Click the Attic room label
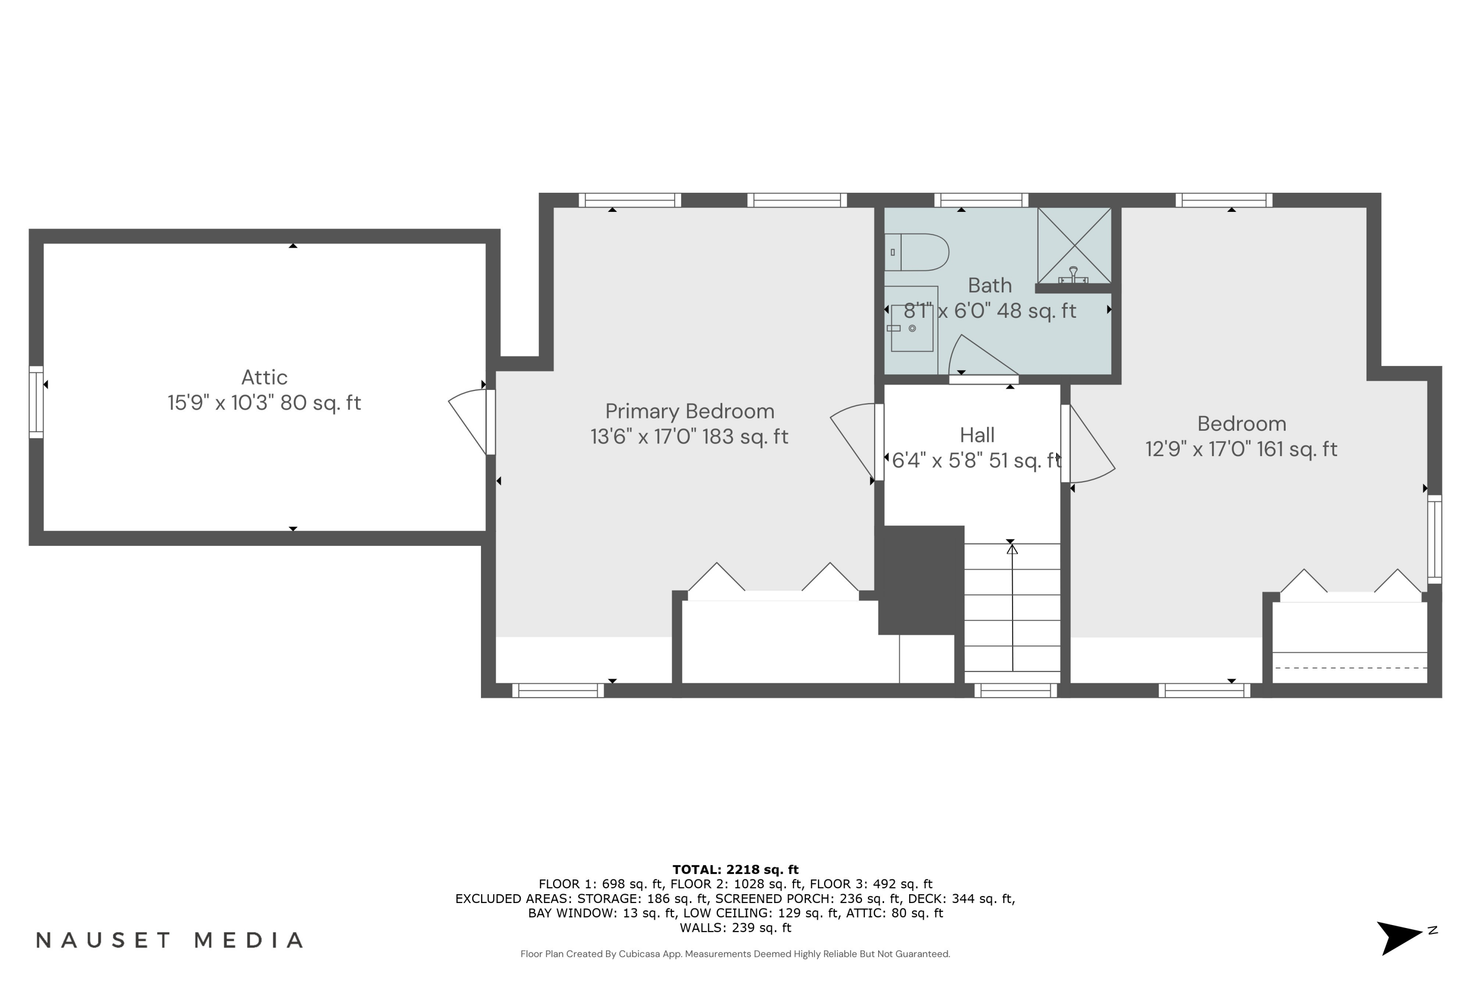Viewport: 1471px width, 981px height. [x=265, y=377]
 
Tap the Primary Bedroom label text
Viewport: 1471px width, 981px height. [x=689, y=411]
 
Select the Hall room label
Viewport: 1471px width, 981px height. [x=977, y=435]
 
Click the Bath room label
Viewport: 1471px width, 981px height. [x=989, y=285]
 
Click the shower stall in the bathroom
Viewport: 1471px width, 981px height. [x=1074, y=245]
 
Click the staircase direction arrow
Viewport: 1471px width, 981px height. [x=1012, y=607]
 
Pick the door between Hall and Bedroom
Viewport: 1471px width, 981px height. [x=1088, y=444]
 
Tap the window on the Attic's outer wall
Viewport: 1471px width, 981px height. [x=36, y=402]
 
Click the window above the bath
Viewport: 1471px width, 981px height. [x=981, y=200]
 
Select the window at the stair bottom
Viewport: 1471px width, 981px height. [x=1015, y=691]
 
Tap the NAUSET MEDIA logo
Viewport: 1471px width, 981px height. [x=170, y=940]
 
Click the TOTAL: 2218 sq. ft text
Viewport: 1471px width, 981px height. [x=735, y=869]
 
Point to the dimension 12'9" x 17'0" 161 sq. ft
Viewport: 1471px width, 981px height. [x=1241, y=449]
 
